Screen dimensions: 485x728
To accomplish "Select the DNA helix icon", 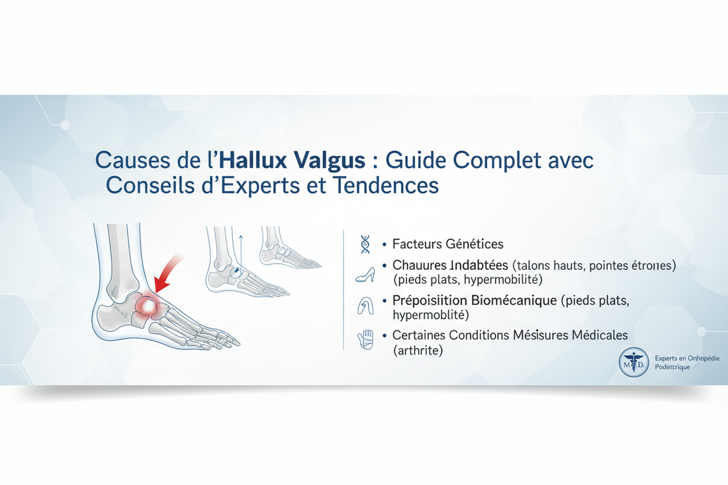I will tap(365, 244).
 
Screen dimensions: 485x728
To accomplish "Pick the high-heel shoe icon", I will tap(365, 272).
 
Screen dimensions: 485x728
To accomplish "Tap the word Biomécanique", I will tap(510, 300).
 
